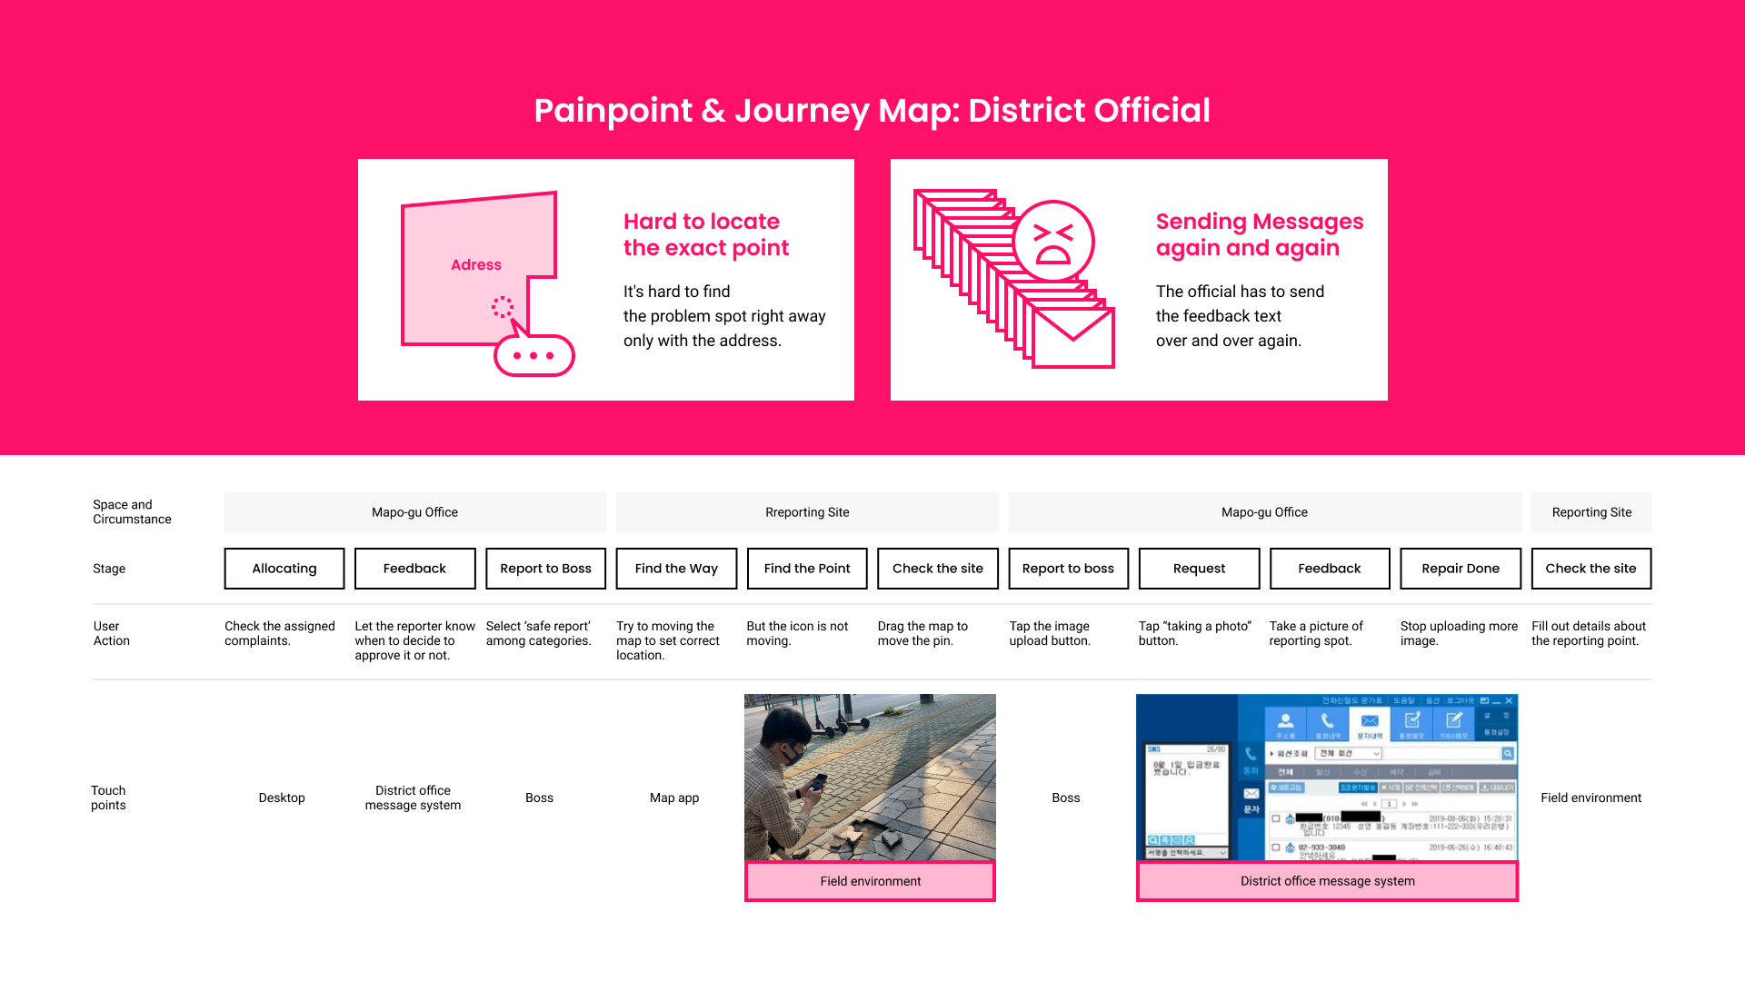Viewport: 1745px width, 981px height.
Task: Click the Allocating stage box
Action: point(284,569)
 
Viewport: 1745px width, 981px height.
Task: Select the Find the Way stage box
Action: point(676,569)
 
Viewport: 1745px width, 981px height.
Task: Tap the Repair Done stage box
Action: point(1461,569)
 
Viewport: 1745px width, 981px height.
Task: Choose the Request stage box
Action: point(1199,569)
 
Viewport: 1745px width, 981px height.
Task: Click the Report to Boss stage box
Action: point(545,569)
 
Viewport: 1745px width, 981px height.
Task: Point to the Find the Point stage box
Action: point(807,569)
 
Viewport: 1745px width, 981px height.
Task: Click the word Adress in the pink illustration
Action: point(476,265)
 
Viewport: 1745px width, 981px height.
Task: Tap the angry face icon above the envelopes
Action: point(1053,242)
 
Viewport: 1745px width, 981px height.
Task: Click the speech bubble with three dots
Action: point(534,355)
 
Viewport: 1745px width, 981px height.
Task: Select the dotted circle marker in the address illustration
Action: point(503,307)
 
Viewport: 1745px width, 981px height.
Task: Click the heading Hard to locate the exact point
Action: point(706,234)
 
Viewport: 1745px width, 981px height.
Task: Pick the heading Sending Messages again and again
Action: point(1260,234)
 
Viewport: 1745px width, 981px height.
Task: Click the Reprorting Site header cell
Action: point(807,512)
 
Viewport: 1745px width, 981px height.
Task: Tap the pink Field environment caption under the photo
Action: point(870,881)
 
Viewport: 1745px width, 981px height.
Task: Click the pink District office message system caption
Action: point(1327,881)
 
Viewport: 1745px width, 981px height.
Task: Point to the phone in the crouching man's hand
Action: point(819,781)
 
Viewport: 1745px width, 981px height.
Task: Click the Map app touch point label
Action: point(674,798)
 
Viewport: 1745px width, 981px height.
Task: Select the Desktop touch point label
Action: point(282,798)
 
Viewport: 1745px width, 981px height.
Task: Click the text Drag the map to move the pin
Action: point(922,633)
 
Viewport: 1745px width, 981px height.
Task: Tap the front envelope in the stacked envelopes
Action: point(1073,337)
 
